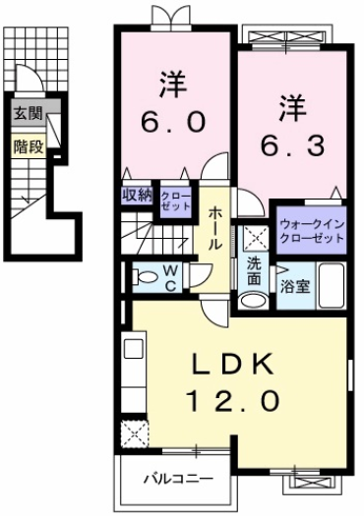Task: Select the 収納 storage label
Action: [x=137, y=196]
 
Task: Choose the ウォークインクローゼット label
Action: [x=311, y=231]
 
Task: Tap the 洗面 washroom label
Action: [x=254, y=272]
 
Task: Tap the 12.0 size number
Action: [x=233, y=399]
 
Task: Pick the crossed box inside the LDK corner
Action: [x=132, y=431]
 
